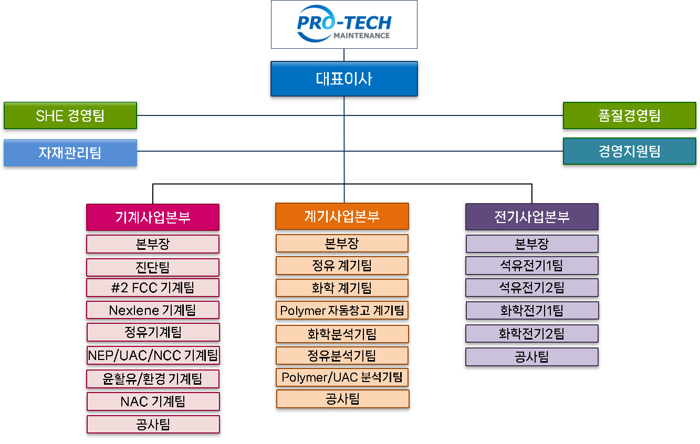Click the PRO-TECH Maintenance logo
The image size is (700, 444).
tap(344, 25)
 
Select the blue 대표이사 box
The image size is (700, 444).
tap(344, 79)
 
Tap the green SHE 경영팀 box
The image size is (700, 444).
tap(70, 115)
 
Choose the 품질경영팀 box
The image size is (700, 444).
tap(629, 115)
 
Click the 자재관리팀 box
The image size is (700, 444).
tap(70, 153)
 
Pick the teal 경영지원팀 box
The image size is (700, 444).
tap(629, 151)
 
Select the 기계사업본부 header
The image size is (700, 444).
tap(153, 217)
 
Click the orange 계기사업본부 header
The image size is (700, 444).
tap(342, 216)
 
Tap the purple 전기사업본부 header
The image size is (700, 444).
tap(532, 217)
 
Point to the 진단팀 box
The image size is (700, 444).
tap(153, 267)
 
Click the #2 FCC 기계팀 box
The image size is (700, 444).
tap(153, 288)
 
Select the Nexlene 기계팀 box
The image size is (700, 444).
tap(153, 310)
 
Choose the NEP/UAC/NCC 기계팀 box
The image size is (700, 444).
tap(153, 355)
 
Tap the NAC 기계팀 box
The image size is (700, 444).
tap(153, 401)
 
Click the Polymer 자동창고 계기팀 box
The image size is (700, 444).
tap(342, 310)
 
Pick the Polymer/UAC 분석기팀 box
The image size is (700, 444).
tap(342, 377)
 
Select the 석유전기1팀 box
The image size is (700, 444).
tap(532, 266)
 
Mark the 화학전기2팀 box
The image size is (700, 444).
tap(532, 333)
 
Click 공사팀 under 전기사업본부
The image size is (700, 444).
tap(532, 357)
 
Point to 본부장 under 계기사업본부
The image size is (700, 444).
tap(342, 244)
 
